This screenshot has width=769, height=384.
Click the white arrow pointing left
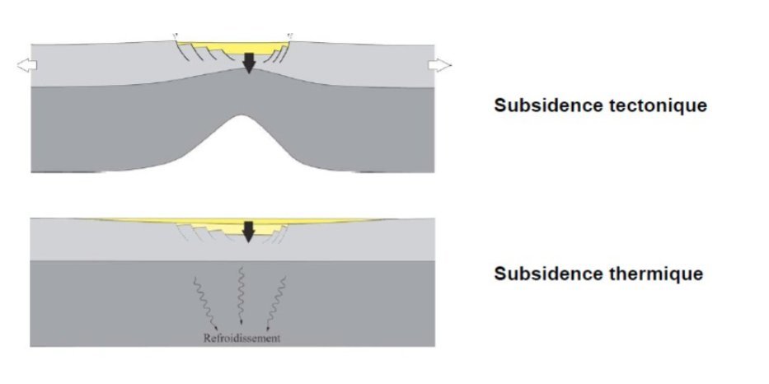(x=26, y=66)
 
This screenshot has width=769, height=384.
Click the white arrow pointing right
(x=440, y=66)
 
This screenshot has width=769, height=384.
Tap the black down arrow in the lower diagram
(x=246, y=232)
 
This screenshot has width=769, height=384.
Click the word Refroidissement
(x=241, y=338)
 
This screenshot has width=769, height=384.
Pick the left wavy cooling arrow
(x=199, y=302)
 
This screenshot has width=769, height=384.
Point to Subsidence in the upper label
(x=535, y=106)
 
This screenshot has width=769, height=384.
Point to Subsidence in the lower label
(x=535, y=274)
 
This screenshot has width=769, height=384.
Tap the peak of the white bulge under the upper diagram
(x=245, y=117)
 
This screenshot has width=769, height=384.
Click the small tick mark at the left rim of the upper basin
(x=175, y=35)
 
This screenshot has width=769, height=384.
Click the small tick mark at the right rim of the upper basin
(x=289, y=35)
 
